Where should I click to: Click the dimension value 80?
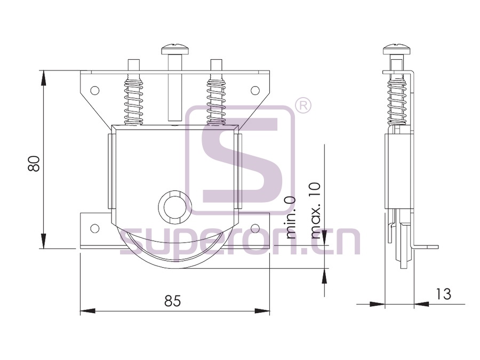click(34, 164)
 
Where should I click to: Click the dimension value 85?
click(173, 301)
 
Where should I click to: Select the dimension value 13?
click(443, 294)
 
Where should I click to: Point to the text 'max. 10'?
click(316, 211)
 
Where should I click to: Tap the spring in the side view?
click(397, 100)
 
